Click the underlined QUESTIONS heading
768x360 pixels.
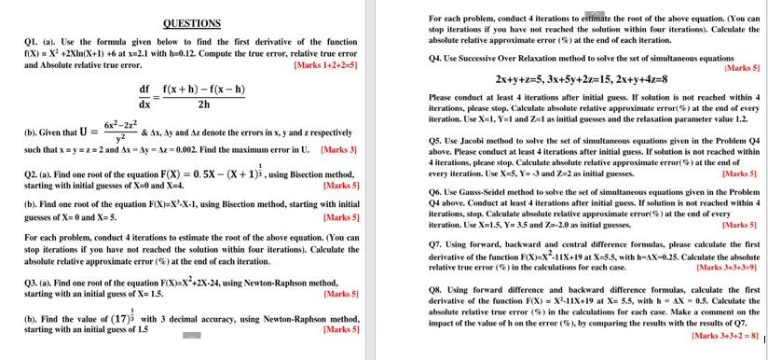(x=192, y=22)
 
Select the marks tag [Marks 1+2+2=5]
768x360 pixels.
(x=324, y=65)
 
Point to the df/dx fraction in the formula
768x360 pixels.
(x=144, y=96)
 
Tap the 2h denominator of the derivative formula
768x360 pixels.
(x=203, y=104)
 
